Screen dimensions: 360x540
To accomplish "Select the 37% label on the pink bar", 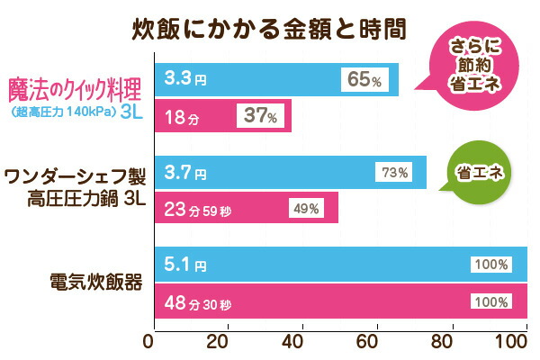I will (x=262, y=115).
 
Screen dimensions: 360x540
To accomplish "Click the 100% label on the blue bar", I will (x=491, y=265).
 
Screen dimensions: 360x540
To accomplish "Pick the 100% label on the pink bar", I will (x=491, y=301).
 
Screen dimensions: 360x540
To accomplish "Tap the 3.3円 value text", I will (x=186, y=79).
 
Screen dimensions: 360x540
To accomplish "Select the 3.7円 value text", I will (x=186, y=172).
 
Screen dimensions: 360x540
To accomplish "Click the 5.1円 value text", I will (x=186, y=265).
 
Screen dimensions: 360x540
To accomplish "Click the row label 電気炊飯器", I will (x=95, y=283).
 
